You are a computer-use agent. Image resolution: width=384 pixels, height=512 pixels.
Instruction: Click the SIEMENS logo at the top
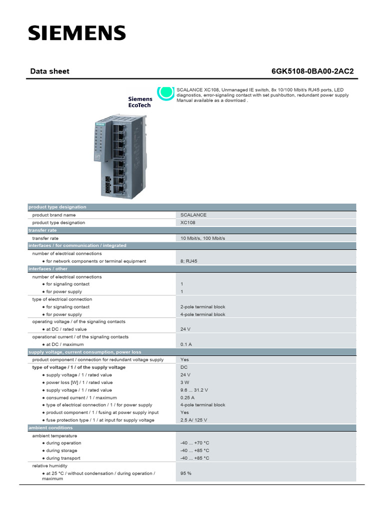76,33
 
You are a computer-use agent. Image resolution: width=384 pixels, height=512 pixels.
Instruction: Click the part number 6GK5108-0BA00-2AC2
312,71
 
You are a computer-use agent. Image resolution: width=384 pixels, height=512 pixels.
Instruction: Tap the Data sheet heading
50,71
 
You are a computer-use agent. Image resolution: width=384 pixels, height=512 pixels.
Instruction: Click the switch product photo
119,156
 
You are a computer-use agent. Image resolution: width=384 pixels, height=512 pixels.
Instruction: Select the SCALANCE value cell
193,215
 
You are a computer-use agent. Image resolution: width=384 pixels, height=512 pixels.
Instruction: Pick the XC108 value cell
188,222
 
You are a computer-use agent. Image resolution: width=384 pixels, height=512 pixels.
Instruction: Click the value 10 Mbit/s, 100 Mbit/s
203,238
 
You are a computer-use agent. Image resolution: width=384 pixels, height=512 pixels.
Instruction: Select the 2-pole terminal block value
203,307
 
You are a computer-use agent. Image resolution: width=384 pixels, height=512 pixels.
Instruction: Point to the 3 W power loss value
185,382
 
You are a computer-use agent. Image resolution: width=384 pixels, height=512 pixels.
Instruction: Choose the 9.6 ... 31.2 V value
194,390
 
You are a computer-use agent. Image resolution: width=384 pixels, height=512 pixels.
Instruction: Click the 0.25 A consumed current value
187,397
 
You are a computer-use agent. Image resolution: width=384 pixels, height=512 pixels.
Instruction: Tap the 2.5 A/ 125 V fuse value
194,420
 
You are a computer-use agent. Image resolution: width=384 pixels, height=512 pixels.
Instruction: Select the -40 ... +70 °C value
195,443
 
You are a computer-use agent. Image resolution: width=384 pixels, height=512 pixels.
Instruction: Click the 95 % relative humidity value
186,473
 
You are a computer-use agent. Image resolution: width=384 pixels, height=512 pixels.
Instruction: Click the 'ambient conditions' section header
50,428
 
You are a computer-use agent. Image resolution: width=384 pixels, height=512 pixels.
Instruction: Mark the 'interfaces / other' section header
48,269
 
